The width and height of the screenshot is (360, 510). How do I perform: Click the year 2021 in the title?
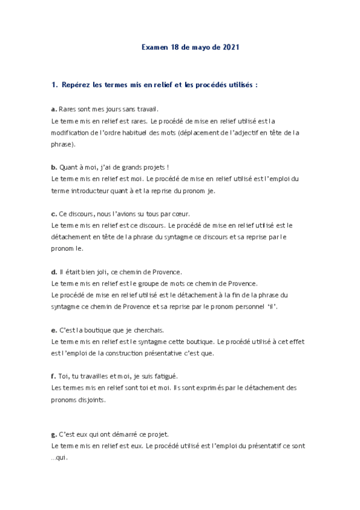pos(231,47)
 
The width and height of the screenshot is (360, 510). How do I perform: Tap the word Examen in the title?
pos(154,47)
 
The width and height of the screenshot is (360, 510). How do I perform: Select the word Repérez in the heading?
pos(76,85)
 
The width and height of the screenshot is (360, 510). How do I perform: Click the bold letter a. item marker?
pos(54,109)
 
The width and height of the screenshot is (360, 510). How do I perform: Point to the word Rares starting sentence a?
pos(69,109)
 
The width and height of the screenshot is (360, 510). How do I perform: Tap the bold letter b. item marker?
pos(54,167)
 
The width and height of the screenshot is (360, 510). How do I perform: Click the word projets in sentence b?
pos(153,167)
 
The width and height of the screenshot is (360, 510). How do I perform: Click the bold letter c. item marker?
pos(54,214)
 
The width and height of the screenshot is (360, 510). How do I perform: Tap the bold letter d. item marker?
pos(54,271)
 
